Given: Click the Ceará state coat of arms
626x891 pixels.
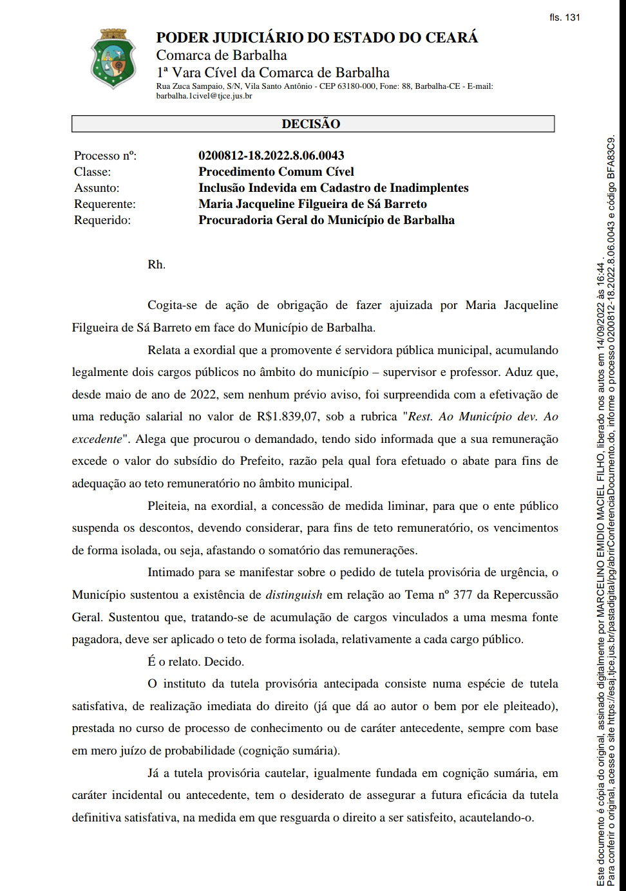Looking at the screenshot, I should click(114, 59).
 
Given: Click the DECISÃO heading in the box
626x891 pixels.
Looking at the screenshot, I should click(311, 124).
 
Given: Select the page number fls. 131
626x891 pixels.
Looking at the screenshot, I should click(565, 17).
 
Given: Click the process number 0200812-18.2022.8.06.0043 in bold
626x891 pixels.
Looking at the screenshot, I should click(271, 155).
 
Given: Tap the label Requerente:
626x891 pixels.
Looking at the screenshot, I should click(105, 204).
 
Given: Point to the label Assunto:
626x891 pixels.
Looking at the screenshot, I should click(97, 188).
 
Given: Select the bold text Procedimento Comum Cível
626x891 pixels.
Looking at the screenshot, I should click(276, 172).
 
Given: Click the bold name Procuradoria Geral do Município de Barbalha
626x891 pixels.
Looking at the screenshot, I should click(327, 220).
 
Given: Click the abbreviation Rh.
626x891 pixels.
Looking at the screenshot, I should click(156, 265).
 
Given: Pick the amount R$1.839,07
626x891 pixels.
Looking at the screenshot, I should click(287, 417).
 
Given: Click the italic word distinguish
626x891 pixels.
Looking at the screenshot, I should click(294, 595).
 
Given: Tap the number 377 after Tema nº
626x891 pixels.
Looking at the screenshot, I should click(462, 595).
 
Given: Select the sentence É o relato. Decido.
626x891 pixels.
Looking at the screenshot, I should click(196, 662).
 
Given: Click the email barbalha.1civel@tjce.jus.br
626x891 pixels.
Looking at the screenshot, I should click(204, 96).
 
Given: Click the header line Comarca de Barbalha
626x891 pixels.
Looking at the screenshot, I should click(222, 55).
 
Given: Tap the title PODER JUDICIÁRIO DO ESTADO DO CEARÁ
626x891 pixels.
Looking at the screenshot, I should click(317, 37).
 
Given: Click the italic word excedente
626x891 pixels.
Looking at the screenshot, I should click(97, 439).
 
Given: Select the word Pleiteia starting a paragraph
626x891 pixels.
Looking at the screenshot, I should click(169, 506).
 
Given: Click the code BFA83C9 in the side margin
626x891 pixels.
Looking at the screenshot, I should click(611, 157).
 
